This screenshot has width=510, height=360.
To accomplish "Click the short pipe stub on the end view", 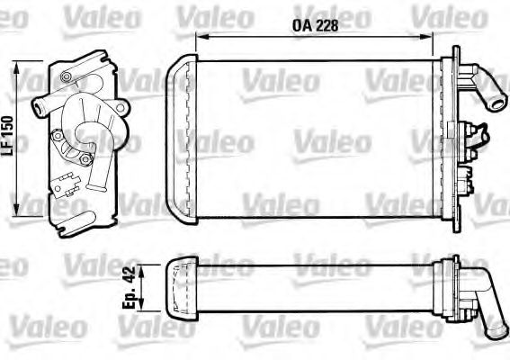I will tap(41, 109).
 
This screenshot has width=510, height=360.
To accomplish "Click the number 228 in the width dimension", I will tap(328, 26).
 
